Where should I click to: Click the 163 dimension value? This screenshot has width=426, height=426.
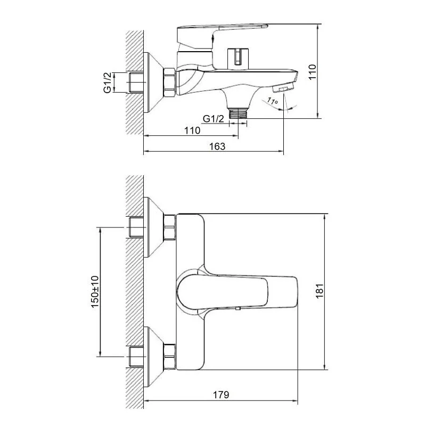217,146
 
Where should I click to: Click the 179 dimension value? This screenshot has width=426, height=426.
220,395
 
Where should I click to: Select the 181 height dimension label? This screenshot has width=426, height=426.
319,291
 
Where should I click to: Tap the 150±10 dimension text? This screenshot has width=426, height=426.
95,292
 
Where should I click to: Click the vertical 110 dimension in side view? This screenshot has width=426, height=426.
312,72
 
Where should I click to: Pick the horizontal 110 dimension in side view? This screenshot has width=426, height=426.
192,130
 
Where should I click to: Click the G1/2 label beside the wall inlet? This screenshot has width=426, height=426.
108,83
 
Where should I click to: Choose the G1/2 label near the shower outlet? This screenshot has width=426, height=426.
214,119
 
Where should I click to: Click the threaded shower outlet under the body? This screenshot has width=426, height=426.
238,113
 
